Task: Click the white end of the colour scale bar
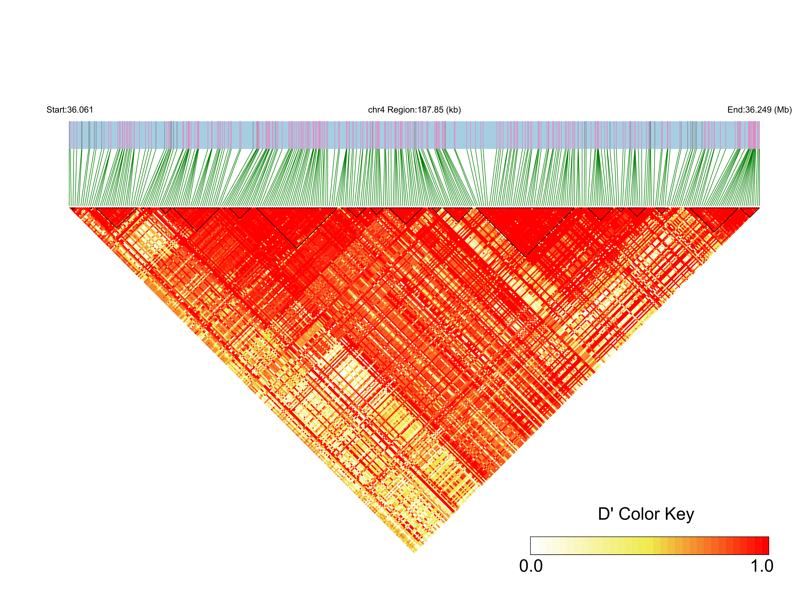click(534, 546)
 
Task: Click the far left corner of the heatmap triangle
click(70, 207)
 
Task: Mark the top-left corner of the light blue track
click(70, 122)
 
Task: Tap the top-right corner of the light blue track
click(759, 122)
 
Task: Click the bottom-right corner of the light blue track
click(759, 148)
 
